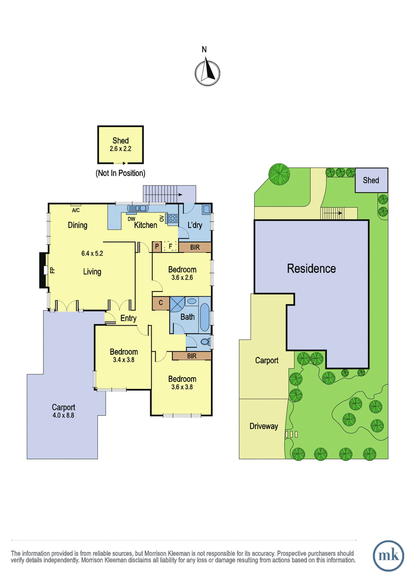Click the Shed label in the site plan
point(370,180)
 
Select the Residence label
point(311,269)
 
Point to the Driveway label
point(263,426)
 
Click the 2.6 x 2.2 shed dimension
point(120,149)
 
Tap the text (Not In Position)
point(120,173)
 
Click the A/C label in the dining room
point(76,210)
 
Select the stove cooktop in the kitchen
point(172,218)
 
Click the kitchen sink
point(138,208)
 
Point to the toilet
point(206,342)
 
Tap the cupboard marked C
point(161,303)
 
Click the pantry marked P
point(157,247)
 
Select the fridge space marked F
point(170,247)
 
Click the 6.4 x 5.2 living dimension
point(92,253)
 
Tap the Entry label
point(128,318)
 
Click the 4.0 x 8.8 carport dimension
point(63,415)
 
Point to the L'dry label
point(195,225)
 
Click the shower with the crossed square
point(177,304)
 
